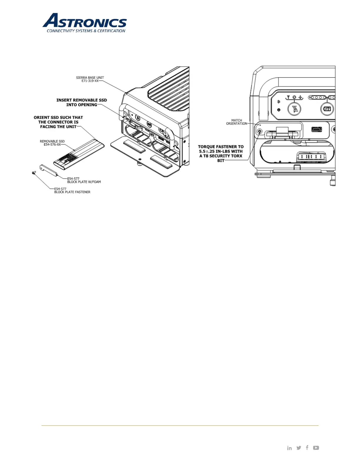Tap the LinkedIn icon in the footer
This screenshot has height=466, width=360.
289,448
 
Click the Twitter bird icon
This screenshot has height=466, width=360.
299,448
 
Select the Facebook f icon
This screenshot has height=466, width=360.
307,447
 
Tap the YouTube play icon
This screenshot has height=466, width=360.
316,448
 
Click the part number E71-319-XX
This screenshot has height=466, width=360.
90,81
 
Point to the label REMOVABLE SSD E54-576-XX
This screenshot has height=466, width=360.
52,143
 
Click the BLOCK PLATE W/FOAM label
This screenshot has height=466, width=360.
84,182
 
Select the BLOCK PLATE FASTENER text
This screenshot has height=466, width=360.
72,192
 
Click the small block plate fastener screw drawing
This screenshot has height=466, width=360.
34,173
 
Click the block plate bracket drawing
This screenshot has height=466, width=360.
49,170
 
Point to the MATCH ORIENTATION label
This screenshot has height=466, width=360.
236,122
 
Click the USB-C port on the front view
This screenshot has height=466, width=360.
316,129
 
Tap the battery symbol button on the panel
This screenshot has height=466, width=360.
327,109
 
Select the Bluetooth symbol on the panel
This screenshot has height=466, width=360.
279,102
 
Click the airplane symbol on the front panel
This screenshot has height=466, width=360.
300,97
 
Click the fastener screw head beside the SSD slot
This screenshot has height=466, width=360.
259,131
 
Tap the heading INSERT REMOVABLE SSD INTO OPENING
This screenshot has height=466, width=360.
82,102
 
